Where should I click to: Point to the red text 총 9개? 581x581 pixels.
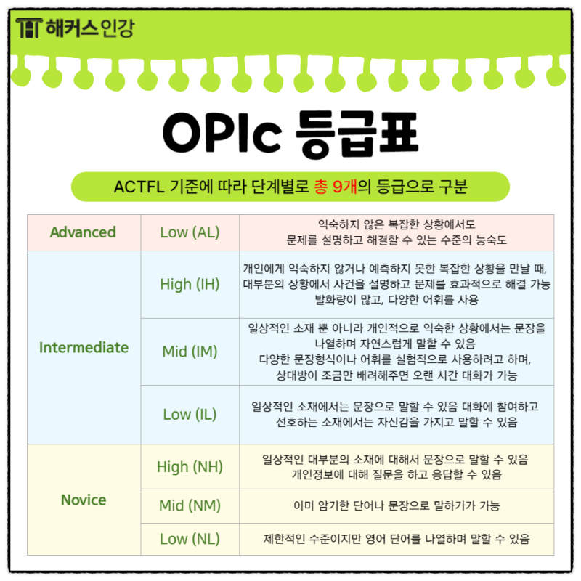[338, 187]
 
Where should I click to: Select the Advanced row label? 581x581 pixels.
[83, 232]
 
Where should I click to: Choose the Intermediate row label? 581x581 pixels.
[84, 347]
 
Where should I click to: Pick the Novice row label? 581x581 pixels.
[84, 500]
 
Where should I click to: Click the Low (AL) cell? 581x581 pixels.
[190, 232]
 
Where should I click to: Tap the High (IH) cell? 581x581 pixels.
[190, 284]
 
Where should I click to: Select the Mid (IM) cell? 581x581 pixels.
[190, 352]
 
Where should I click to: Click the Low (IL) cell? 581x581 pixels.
[190, 414]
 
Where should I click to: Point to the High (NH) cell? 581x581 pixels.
[190, 466]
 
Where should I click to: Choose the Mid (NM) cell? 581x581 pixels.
[190, 505]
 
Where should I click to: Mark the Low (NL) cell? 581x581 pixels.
[190, 539]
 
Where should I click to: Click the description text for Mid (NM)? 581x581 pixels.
[395, 505]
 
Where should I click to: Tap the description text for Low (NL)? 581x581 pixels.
[397, 539]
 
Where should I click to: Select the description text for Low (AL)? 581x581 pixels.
[397, 232]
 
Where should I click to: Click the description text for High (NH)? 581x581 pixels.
[397, 467]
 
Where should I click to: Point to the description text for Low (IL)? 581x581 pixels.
[397, 414]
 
